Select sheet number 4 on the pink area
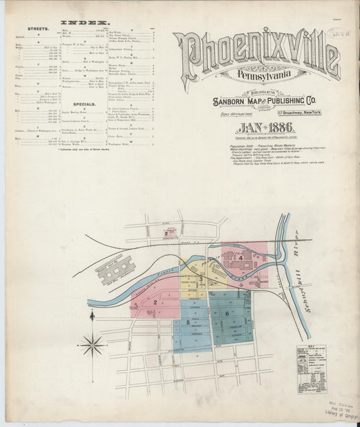[x=240, y=257]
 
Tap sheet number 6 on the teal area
[x=227, y=313]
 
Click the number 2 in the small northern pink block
[x=174, y=233]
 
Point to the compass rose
[x=93, y=345]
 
